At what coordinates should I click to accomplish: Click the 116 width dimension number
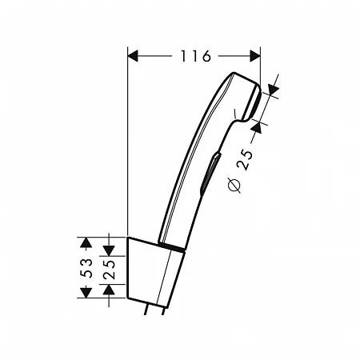195,57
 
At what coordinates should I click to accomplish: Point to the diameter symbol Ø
234,186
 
